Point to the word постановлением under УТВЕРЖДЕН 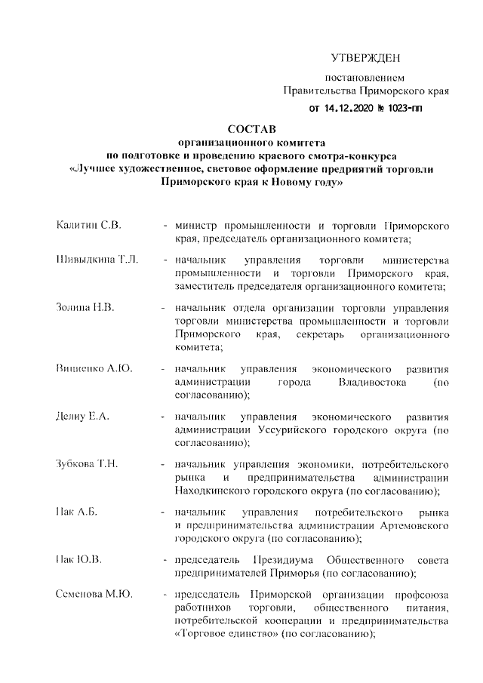[x=365, y=78]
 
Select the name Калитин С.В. [x=89, y=226]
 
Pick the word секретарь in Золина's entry [x=308, y=334]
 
